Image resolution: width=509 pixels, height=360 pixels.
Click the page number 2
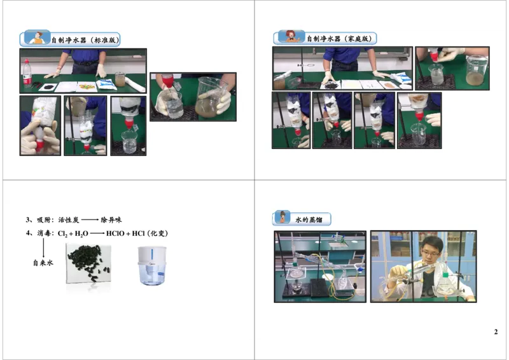click(x=496, y=332)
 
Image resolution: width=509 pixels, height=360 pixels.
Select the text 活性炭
click(x=68, y=220)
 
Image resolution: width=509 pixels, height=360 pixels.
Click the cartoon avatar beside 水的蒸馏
click(x=282, y=218)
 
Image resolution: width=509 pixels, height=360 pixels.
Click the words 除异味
click(x=111, y=220)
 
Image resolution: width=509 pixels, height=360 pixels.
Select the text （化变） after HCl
click(x=156, y=233)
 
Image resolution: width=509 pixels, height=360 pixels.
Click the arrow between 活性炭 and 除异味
click(x=90, y=220)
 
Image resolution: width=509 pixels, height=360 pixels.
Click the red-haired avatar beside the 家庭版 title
click(x=292, y=37)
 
